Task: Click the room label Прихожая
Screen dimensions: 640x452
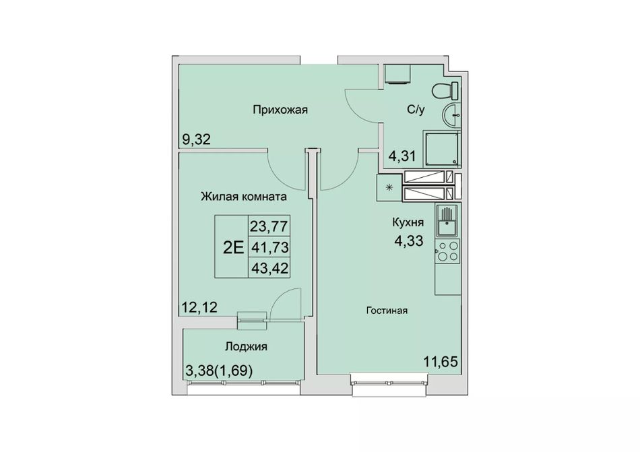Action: click(280, 110)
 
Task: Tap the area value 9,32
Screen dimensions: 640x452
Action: click(196, 140)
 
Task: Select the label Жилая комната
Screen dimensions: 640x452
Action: click(244, 197)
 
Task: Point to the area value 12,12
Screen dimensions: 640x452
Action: click(200, 306)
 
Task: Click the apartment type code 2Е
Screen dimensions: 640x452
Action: click(234, 247)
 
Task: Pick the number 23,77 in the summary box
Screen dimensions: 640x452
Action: click(269, 226)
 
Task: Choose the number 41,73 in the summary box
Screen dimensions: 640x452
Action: click(269, 247)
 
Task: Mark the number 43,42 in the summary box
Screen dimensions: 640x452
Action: click(269, 268)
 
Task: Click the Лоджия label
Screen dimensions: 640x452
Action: click(246, 347)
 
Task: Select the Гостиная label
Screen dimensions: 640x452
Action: click(387, 311)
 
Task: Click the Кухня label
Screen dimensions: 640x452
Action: click(408, 223)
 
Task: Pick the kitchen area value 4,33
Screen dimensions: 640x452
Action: click(408, 240)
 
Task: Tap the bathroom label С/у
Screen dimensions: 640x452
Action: click(416, 110)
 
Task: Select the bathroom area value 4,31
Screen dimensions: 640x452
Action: click(402, 156)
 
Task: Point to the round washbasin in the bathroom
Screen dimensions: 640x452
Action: click(451, 115)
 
